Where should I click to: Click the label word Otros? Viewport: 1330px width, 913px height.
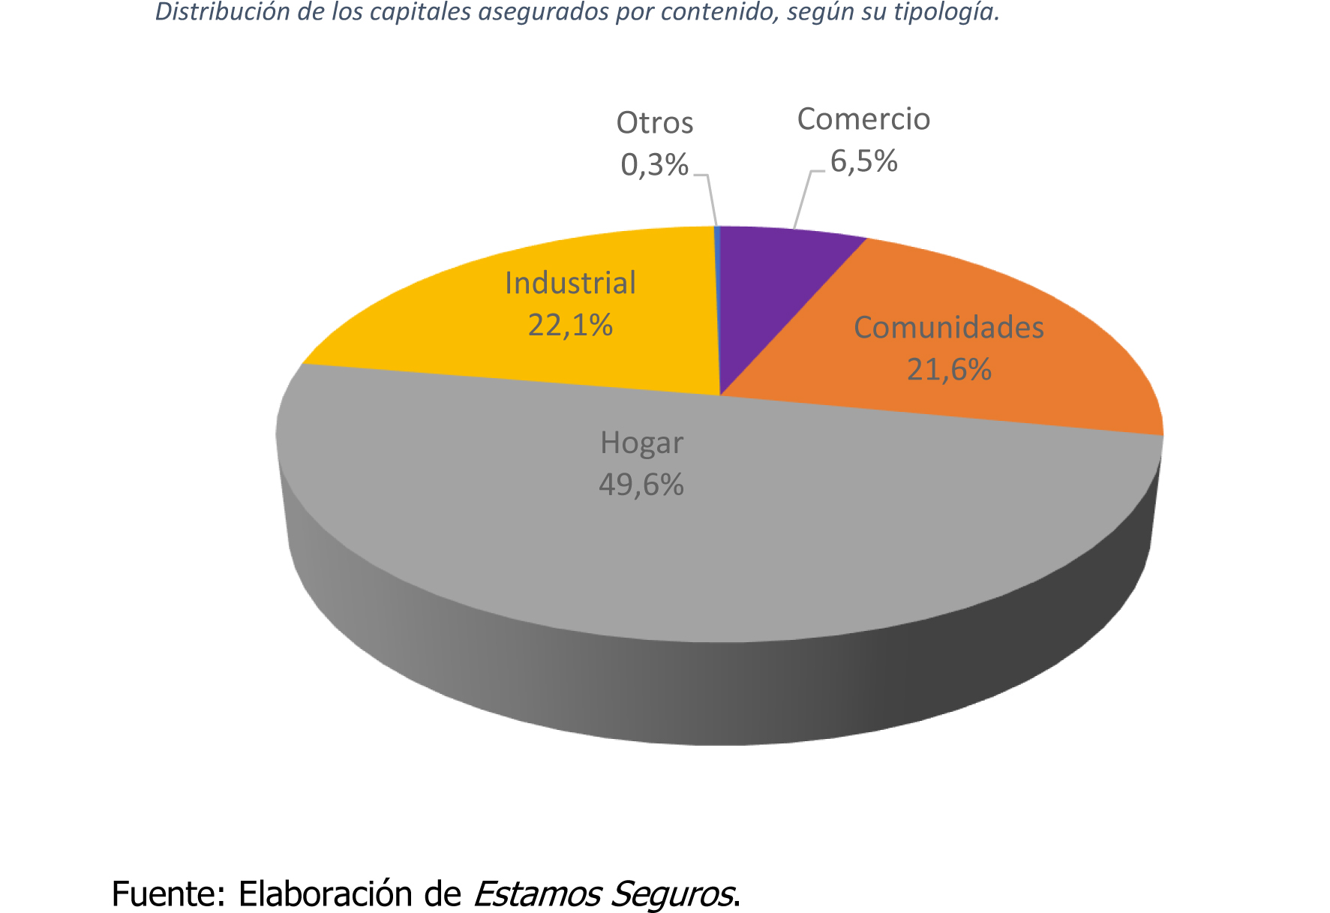click(x=654, y=123)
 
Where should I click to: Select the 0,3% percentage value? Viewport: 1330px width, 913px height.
click(x=654, y=165)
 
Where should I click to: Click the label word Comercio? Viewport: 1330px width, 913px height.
click(x=863, y=119)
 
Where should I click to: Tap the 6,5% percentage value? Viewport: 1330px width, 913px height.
click(x=863, y=161)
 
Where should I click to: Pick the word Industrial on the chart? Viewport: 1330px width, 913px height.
click(x=570, y=283)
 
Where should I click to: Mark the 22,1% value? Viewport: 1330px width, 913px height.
click(x=570, y=325)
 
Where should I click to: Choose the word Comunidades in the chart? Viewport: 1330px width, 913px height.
click(x=948, y=328)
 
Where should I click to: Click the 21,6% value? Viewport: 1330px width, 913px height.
click(x=949, y=370)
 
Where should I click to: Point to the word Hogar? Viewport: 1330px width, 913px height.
click(x=641, y=443)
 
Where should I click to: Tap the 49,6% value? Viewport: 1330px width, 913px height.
click(x=641, y=485)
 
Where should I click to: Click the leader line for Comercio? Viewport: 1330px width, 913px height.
click(x=803, y=200)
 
